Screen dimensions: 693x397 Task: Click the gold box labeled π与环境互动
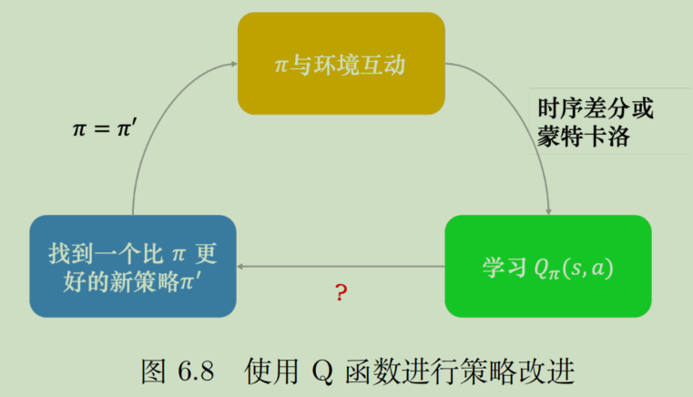tap(341, 65)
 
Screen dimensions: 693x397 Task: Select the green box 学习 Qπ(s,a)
tap(547, 267)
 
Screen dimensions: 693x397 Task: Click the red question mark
tap(341, 293)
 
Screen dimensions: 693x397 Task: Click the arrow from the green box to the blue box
tap(341, 267)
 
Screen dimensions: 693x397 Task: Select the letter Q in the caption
tap(324, 372)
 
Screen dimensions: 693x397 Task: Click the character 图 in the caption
tap(154, 372)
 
